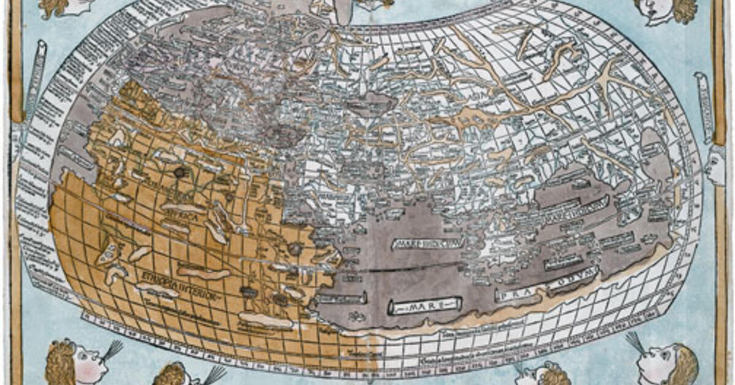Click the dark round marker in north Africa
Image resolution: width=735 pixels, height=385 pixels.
point(179,172)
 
